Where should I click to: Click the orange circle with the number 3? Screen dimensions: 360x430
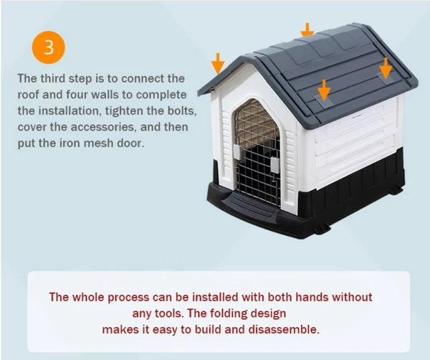48,47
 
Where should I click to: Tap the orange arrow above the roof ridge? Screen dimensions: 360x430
307,30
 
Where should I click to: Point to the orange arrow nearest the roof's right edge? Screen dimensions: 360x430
386,68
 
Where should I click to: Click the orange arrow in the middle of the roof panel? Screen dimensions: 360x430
324,90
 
